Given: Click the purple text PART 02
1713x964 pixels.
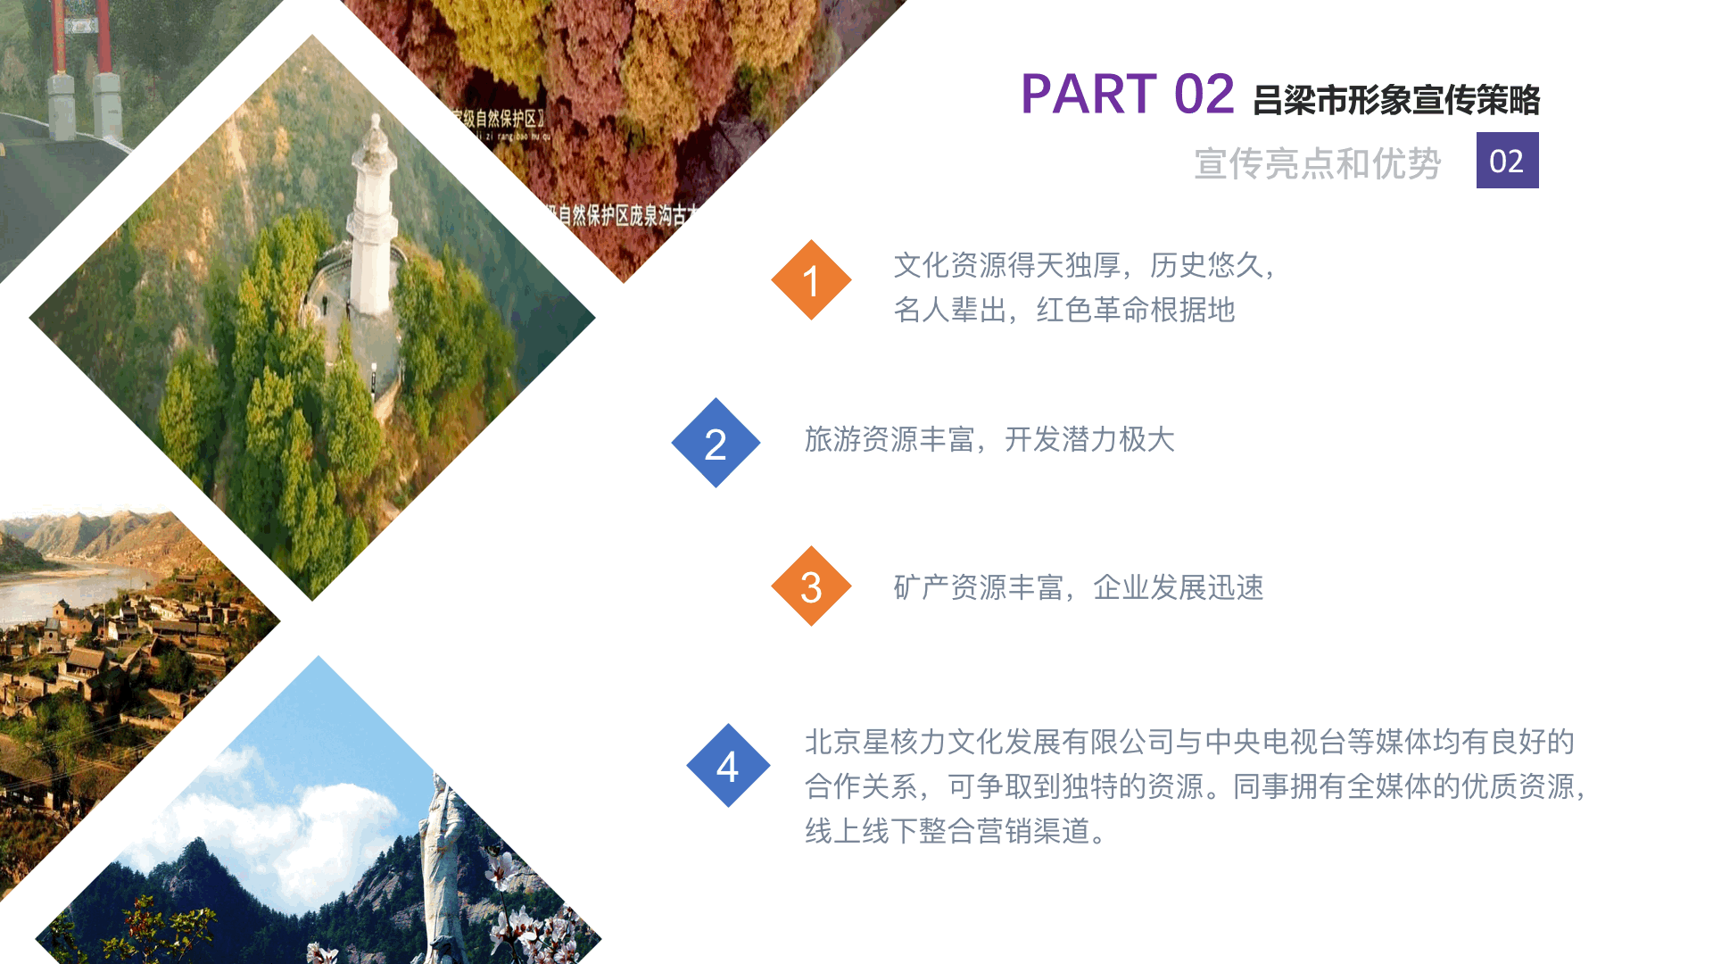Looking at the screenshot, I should [1127, 95].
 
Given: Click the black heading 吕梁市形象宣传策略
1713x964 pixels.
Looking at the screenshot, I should [1396, 100].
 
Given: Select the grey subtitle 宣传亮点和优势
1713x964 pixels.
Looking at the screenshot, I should [1317, 163].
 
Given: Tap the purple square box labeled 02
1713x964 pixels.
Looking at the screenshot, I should [1507, 161].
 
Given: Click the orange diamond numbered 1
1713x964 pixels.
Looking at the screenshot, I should [811, 280].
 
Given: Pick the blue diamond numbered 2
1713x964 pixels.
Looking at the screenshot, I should [716, 444].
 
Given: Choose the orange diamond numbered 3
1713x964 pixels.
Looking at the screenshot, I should [811, 586].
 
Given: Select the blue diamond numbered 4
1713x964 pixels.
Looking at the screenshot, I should [728, 766].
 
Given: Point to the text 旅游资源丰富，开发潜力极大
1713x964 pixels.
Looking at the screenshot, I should [989, 439].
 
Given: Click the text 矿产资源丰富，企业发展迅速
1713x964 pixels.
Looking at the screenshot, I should [1079, 587].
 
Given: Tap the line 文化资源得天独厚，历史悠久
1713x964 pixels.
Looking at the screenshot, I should [1085, 265].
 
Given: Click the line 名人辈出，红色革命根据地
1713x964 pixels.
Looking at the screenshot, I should [1064, 310].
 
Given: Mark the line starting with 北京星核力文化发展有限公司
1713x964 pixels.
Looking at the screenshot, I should [1189, 742].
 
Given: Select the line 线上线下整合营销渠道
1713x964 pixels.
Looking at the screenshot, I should [956, 831].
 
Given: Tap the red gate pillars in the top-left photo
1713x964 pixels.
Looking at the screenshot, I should [80, 54].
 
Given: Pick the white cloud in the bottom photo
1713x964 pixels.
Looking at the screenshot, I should [294, 821].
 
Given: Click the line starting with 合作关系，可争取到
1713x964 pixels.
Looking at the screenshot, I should [1196, 786].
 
